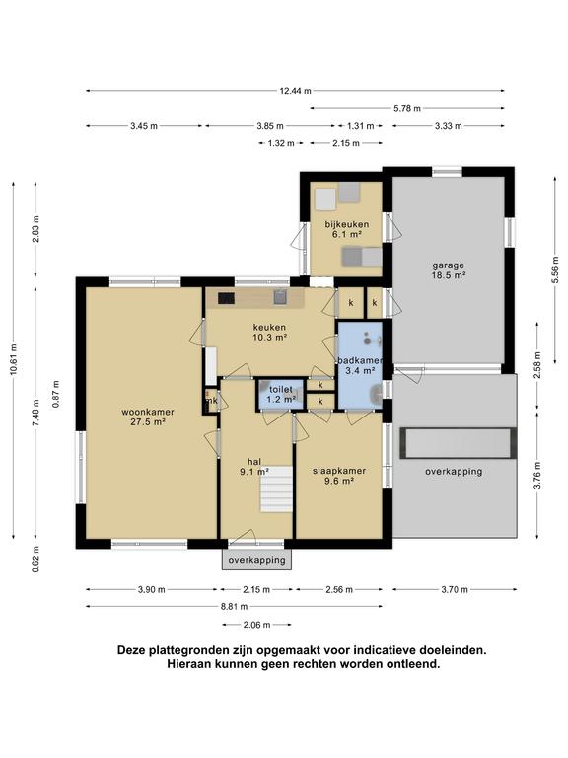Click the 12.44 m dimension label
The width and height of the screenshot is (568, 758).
pos(295,91)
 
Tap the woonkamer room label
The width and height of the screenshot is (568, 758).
pos(148,412)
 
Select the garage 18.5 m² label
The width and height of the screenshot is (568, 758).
pos(449,270)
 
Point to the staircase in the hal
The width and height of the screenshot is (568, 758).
pos(277,489)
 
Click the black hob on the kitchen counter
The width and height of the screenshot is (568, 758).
pos(226,298)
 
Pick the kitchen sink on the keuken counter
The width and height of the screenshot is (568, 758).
pos(281,297)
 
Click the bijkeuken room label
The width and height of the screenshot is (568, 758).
pos(347,224)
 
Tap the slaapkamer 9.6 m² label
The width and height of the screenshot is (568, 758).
pos(339,476)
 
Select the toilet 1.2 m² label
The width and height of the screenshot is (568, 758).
pos(281,395)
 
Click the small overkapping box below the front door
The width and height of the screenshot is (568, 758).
pos(257,560)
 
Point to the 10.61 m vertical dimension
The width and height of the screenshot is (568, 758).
pos(14,359)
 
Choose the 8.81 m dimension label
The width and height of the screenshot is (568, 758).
pos(235,607)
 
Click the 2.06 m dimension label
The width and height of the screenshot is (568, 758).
pos(256,625)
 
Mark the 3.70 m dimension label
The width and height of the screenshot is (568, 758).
pos(455,590)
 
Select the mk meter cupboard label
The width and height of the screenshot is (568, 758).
pos(212,401)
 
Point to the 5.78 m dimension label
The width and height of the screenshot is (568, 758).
pos(407,108)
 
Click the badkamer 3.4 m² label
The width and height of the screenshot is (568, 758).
pos(360,366)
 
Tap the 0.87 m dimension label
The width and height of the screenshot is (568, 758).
pos(56,394)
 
